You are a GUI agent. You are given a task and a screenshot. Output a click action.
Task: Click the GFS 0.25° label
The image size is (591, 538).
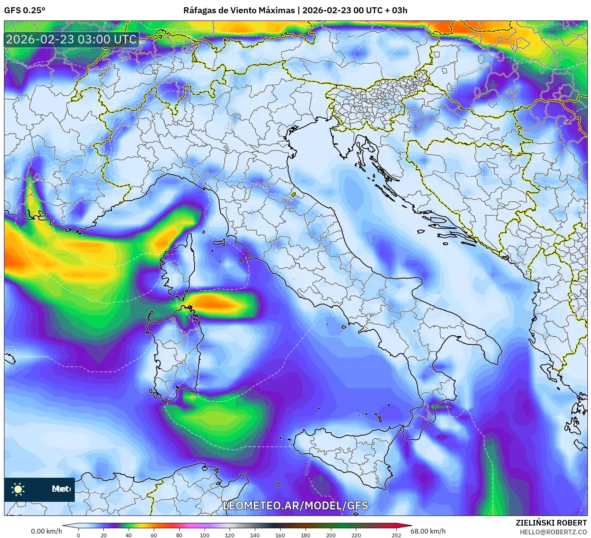tap(25, 10)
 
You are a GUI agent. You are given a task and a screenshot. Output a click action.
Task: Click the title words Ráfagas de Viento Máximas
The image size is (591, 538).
tap(239, 10)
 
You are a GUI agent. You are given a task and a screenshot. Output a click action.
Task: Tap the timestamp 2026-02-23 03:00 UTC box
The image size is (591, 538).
tap(72, 39)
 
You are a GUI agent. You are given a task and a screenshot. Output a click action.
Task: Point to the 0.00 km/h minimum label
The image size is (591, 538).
tap(46, 531)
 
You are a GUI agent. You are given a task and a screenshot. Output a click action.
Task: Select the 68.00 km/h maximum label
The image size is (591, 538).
tap(428, 531)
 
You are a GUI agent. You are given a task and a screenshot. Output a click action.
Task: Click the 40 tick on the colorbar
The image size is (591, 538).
tap(129, 535)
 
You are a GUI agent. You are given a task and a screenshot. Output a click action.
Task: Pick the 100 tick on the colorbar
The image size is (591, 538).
tap(205, 535)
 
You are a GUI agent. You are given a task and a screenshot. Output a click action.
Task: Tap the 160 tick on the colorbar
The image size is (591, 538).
tap(280, 535)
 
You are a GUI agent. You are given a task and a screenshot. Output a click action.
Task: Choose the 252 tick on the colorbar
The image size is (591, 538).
tap(396, 535)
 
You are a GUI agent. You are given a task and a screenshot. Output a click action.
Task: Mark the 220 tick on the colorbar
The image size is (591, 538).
tap(356, 535)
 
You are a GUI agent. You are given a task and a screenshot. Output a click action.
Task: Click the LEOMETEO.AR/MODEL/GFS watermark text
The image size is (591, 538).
tap(295, 505)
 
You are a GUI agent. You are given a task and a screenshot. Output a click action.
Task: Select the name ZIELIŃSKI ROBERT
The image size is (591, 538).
tap(551, 523)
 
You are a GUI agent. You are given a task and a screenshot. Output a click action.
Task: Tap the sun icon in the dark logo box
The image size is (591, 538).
tap(18, 489)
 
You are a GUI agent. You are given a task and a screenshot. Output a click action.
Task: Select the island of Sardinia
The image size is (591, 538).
tap(175, 354)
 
